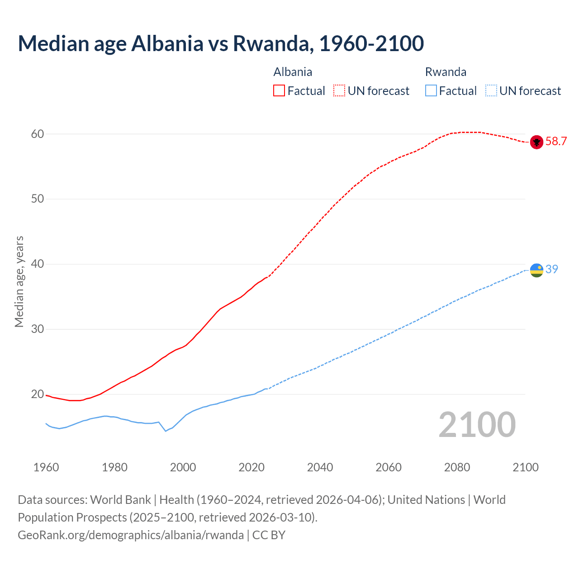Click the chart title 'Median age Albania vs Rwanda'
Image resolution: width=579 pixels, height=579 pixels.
coord(221,43)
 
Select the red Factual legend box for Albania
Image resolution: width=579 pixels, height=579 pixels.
coord(279,90)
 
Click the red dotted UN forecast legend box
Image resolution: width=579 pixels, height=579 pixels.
coord(339,90)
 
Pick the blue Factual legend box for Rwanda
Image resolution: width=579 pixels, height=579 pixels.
coord(431,90)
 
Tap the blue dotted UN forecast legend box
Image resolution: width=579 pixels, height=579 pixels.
coord(491,90)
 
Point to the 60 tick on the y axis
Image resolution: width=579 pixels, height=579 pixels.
coord(38,134)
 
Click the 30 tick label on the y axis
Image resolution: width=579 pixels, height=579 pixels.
coord(38,329)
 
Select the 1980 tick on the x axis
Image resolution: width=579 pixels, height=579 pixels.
coord(114,467)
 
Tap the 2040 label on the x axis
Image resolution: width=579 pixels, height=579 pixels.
coord(320,467)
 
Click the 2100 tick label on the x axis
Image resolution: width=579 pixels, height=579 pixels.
coord(526,467)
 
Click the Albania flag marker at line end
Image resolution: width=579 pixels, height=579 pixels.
coord(536,142)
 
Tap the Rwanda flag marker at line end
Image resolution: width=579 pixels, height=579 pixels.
coord(536,270)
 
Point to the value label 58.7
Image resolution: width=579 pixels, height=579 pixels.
coord(556,142)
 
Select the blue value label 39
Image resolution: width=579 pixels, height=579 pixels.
coord(552,269)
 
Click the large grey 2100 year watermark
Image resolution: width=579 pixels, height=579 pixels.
coord(477,424)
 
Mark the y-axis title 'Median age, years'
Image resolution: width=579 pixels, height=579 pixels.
coord(19,281)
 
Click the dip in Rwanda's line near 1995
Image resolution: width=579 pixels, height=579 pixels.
coord(166,431)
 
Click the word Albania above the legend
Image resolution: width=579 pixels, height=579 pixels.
coord(293,72)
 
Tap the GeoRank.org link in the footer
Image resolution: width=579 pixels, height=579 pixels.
coord(131,535)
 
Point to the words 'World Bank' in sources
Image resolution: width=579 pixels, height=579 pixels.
coord(120,500)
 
